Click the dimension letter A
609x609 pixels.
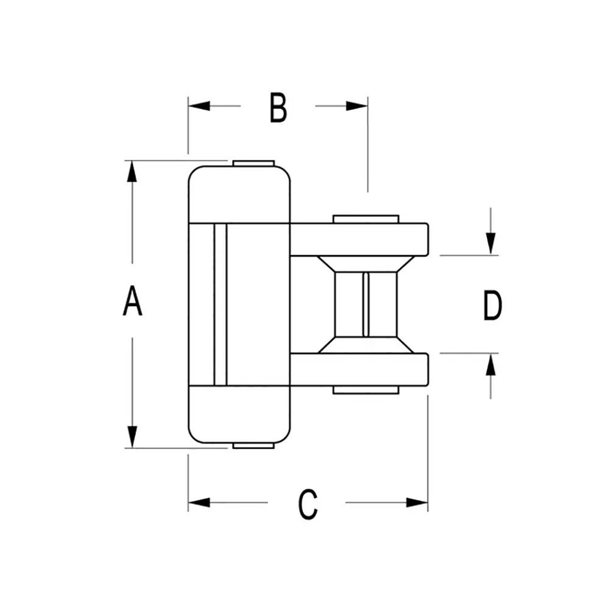(132, 301)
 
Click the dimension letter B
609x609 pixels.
(278, 108)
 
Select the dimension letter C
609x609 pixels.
(308, 504)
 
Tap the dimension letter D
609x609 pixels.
(493, 306)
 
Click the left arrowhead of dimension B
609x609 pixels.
(199, 105)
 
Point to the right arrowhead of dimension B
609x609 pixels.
(356, 105)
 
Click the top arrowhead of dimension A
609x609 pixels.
(132, 171)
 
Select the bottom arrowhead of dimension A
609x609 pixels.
(132, 437)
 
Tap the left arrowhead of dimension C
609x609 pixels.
(199, 502)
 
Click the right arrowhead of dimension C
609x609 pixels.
(417, 502)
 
